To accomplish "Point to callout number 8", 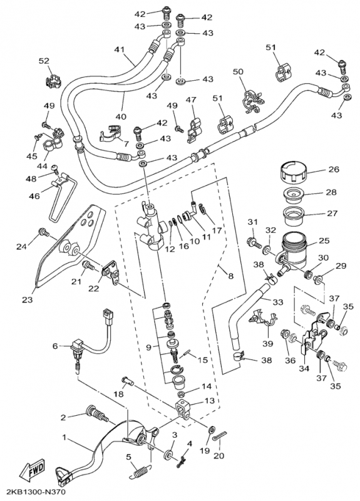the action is click(230, 276).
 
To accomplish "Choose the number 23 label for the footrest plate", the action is click(28, 300).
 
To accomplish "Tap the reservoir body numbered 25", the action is click(294, 251).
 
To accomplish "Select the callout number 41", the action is click(120, 49).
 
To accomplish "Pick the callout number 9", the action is click(148, 348).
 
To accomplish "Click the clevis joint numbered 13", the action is click(183, 410).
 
